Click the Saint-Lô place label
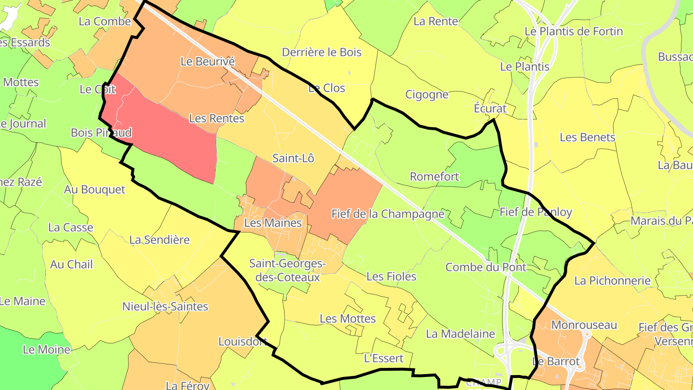(x=293, y=158)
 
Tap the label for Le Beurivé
(x=207, y=61)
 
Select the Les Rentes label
(x=217, y=118)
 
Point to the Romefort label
(x=434, y=177)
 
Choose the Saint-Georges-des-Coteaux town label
(x=288, y=270)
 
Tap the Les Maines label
(x=273, y=223)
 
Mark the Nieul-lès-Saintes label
(x=165, y=306)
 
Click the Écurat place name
(x=490, y=109)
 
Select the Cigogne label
(x=426, y=94)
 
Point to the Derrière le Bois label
(x=321, y=52)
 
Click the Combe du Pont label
(x=486, y=267)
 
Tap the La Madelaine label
(x=461, y=334)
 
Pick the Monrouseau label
(x=584, y=325)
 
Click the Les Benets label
(x=587, y=137)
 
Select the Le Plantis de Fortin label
(x=574, y=32)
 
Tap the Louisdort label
(x=243, y=341)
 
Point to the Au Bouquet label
(x=94, y=190)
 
